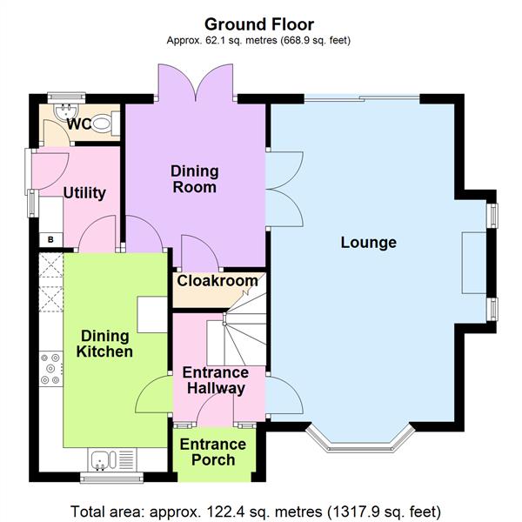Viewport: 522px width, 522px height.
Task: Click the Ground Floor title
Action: (x=259, y=24)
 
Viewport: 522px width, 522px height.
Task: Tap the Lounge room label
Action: (x=368, y=243)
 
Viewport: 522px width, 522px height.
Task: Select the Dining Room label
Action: (x=194, y=178)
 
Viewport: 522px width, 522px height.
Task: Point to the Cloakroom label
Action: (x=217, y=281)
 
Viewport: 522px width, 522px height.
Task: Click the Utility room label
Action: (x=85, y=192)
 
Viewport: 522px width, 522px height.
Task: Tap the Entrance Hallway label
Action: (x=214, y=381)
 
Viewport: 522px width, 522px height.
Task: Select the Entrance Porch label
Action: (x=212, y=452)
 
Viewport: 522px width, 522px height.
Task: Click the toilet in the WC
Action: (x=104, y=124)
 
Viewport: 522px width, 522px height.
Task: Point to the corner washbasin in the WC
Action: (x=60, y=114)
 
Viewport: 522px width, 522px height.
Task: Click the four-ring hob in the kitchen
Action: (x=50, y=367)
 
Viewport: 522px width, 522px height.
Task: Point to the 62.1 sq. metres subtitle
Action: (x=259, y=41)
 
